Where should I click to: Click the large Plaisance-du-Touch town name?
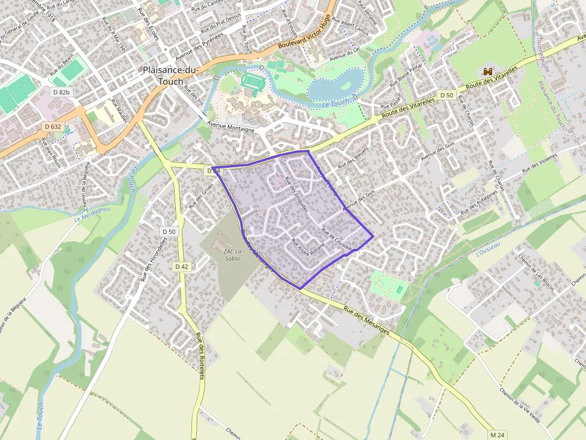pos(170,75)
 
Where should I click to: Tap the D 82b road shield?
pos(61,93)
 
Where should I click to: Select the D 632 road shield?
pos(53,127)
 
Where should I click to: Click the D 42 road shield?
pos(182,267)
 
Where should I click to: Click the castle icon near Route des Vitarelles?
pos(488,72)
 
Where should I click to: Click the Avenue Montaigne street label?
pos(231,127)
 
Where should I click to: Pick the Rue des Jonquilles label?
pos(296,195)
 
